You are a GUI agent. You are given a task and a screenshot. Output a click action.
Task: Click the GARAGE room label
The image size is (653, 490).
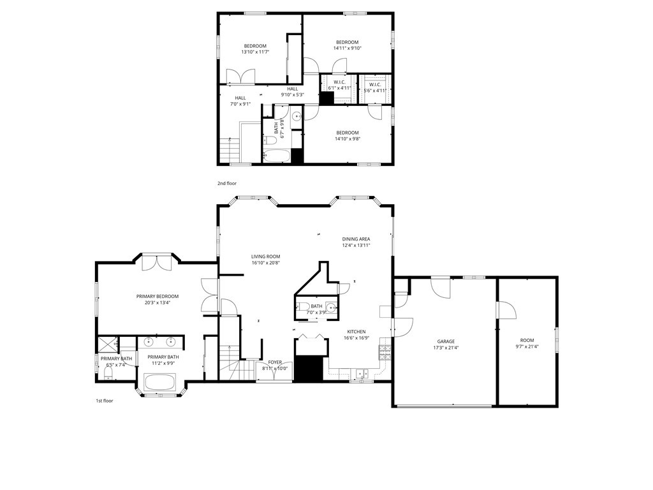point(446,341)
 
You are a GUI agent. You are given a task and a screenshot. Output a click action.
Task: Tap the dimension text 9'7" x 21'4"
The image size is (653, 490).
point(527,347)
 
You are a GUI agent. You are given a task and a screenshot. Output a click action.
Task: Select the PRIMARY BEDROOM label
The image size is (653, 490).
point(157,296)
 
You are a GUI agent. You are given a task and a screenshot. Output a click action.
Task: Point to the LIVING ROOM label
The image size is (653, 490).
point(265,256)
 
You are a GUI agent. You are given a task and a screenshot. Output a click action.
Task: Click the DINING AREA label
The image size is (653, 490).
point(356,239)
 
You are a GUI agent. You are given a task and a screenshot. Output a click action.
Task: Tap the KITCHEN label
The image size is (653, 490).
point(356,332)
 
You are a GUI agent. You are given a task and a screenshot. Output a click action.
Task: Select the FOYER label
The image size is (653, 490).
point(275,362)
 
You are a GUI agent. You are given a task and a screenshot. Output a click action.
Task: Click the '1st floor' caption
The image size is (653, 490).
point(104,401)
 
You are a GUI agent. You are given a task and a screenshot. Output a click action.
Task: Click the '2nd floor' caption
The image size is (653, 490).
point(226,183)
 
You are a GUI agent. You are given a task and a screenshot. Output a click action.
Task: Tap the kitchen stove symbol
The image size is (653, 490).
point(385,350)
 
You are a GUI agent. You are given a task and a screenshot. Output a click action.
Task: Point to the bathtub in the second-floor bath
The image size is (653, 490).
point(277,156)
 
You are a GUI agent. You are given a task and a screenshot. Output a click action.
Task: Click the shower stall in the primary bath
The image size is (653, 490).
point(106,345)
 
